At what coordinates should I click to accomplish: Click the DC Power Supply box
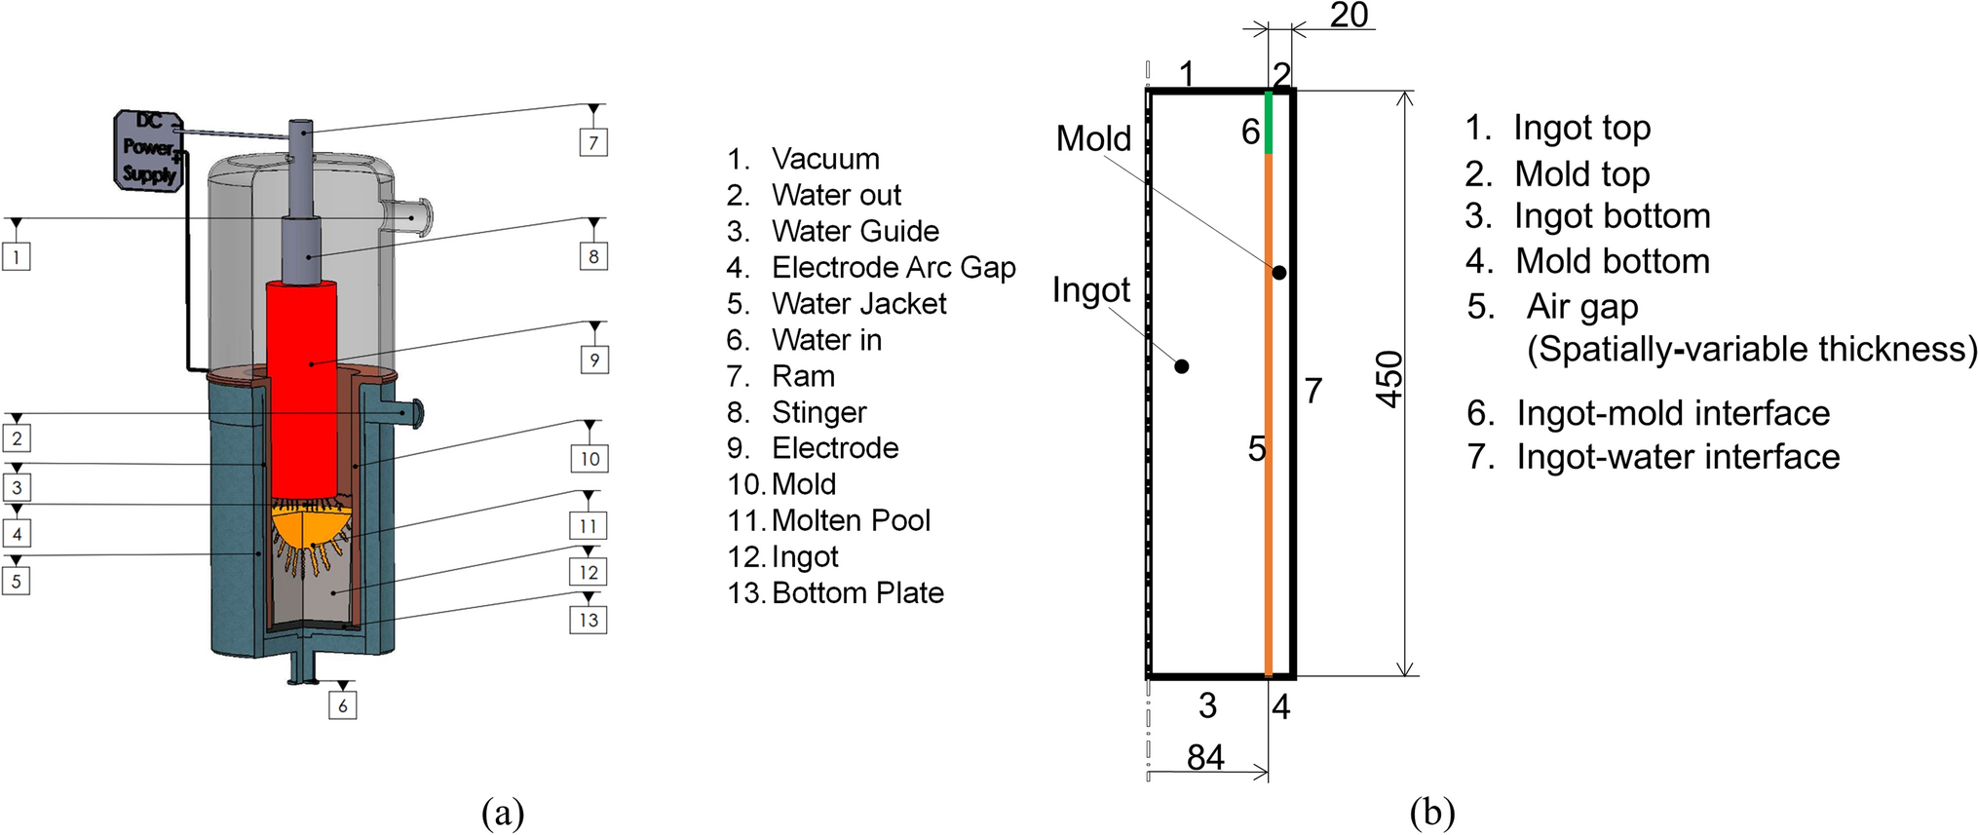point(149,148)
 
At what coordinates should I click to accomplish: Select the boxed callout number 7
point(593,142)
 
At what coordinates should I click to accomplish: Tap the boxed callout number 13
point(589,620)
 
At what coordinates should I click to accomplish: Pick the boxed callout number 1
point(16,256)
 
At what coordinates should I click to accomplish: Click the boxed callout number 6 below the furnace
point(342,705)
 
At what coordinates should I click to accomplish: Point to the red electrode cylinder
point(302,390)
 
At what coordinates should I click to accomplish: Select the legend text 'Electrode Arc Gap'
point(894,267)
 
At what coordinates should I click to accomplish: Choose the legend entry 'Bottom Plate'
point(857,592)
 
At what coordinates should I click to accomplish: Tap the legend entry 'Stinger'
point(818,412)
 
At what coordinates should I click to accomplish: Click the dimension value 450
point(1389,380)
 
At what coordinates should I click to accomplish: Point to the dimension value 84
point(1205,757)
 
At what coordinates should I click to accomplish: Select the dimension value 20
point(1349,15)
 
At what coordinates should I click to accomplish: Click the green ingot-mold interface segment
point(1268,123)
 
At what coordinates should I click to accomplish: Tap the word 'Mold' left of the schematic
point(1093,138)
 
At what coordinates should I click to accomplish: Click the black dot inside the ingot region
point(1181,366)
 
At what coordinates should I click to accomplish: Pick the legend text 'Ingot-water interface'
point(1677,456)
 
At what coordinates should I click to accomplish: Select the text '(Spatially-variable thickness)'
point(1751,349)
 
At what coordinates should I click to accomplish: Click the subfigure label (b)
point(1431,812)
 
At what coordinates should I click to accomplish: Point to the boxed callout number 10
point(590,459)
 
